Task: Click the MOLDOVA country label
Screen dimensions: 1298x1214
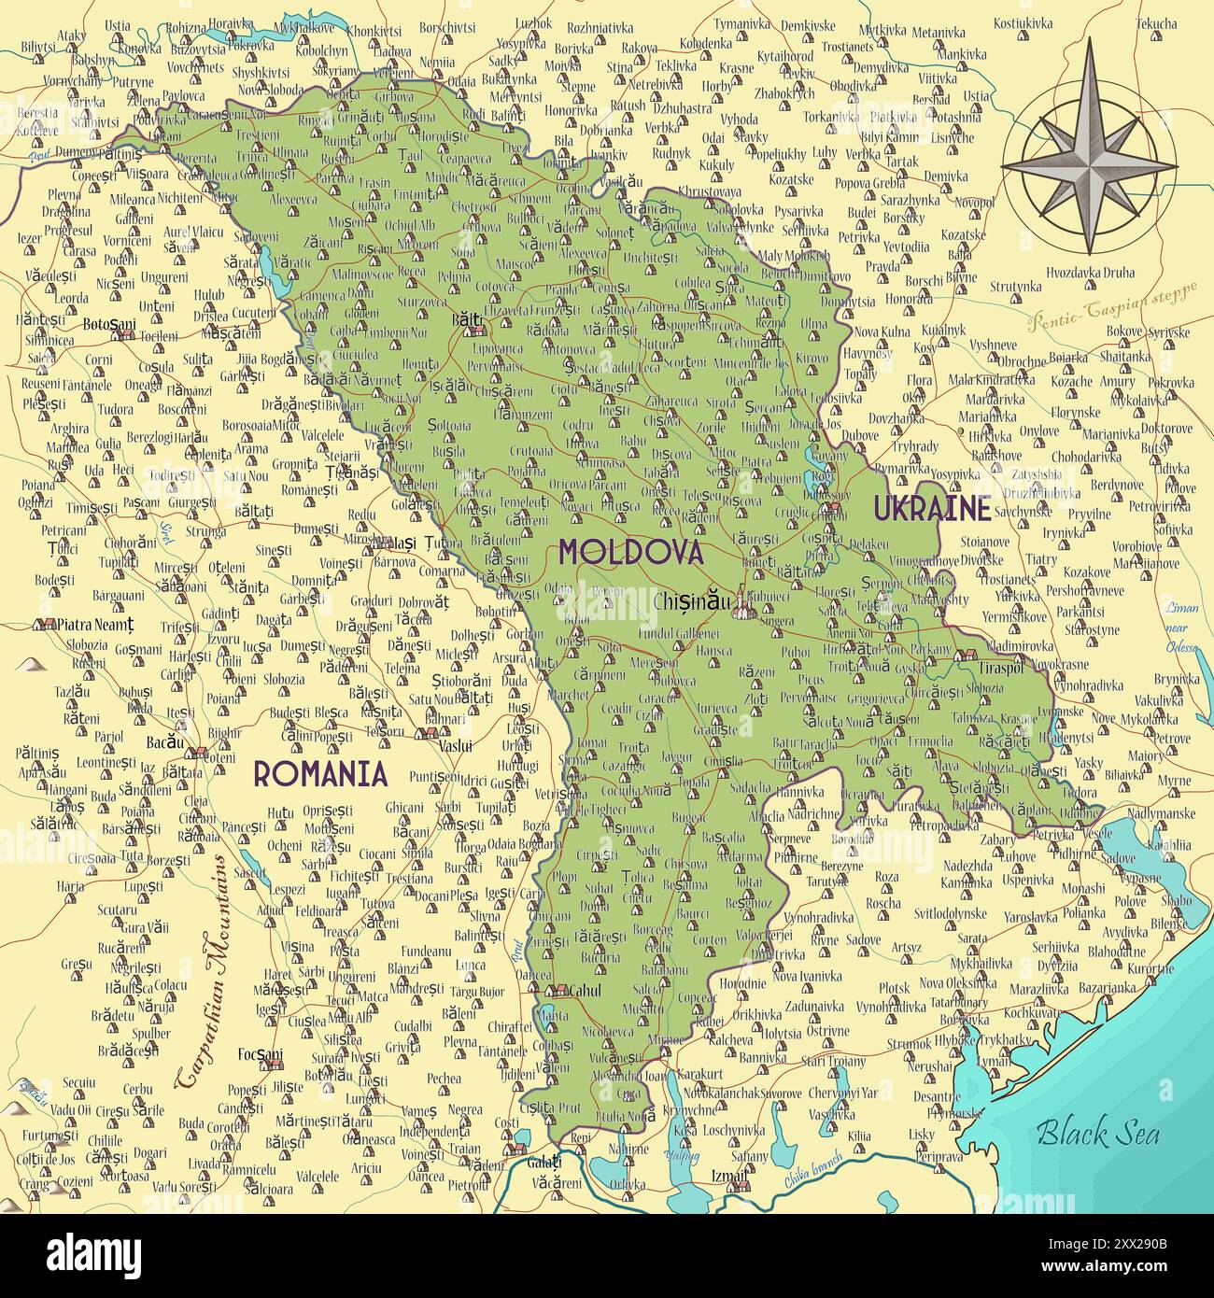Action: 630,551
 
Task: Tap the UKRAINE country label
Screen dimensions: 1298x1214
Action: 931,508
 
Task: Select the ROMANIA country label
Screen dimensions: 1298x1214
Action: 320,773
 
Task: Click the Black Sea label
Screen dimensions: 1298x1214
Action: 1098,1133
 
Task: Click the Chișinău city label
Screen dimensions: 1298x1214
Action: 693,602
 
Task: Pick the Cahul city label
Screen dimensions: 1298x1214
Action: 586,991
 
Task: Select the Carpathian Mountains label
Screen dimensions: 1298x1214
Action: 207,971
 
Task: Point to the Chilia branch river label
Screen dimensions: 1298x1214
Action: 812,1169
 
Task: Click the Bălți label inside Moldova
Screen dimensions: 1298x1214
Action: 466,318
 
